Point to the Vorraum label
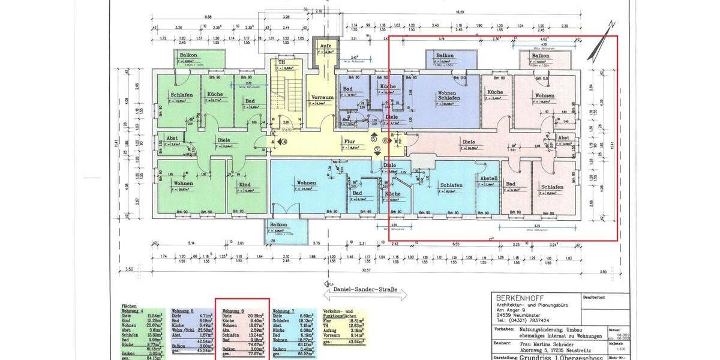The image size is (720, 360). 322,97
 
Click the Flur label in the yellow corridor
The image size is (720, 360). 350,142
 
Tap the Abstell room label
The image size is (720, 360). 487,178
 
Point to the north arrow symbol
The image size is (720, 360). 602,42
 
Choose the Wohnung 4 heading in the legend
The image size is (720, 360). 134,311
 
